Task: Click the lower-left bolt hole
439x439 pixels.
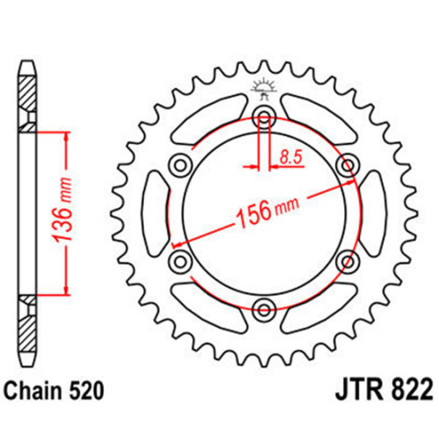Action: point(182,260)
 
